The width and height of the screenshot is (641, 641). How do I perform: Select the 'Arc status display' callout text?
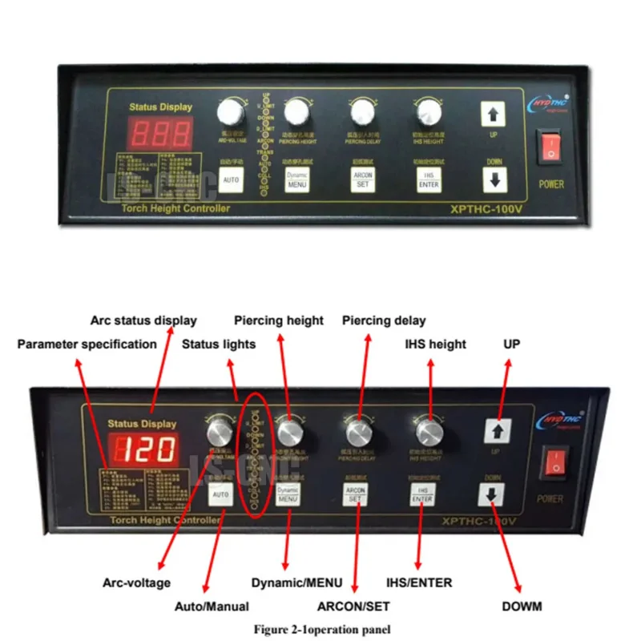[x=143, y=320]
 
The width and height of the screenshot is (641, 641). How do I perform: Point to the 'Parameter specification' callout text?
[x=87, y=345]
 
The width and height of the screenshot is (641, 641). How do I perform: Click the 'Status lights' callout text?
[x=219, y=345]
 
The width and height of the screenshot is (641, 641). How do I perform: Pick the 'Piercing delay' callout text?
[x=384, y=320]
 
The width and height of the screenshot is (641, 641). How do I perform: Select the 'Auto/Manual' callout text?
[x=212, y=607]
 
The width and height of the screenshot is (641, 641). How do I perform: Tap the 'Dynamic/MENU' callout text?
[x=296, y=583]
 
